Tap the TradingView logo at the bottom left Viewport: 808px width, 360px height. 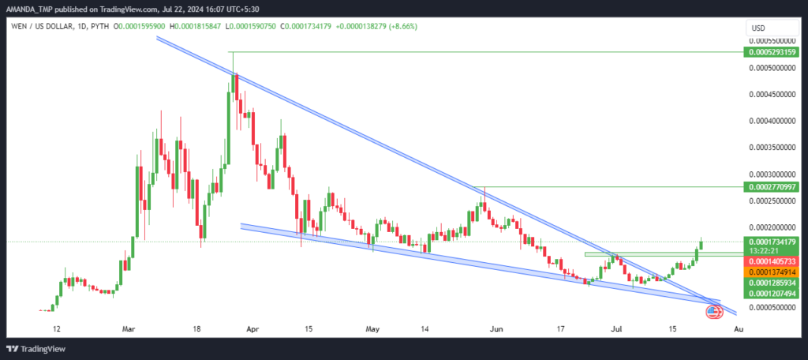coord(36,349)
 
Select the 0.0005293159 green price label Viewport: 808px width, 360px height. coord(771,51)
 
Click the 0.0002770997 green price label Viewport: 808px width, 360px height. coord(771,186)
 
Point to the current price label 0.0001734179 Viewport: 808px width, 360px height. coord(771,242)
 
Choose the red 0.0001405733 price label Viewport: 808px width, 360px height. coord(771,261)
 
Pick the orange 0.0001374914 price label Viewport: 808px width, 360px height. coord(771,272)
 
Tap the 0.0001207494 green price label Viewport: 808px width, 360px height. coord(771,294)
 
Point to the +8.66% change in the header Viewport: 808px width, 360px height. coord(405,26)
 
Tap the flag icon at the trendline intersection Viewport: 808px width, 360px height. coord(713,311)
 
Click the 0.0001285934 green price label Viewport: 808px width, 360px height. coord(771,283)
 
